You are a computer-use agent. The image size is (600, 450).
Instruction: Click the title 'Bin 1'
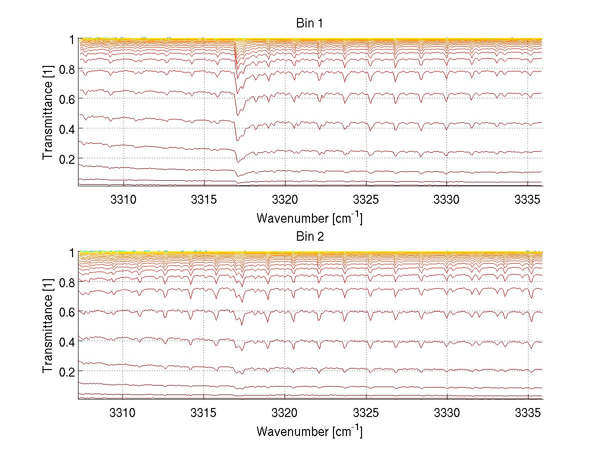tap(310, 23)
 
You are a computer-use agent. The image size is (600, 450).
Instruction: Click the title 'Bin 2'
tap(310, 237)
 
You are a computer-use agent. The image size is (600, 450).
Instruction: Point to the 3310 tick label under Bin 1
tap(122, 200)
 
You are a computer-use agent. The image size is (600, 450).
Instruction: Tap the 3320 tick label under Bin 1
tap(284, 200)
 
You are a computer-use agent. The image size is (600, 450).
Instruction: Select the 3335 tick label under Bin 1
tap(528, 200)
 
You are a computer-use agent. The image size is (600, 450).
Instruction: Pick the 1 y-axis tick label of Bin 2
tap(71, 253)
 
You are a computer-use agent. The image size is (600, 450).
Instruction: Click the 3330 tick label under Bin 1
tap(447, 200)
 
